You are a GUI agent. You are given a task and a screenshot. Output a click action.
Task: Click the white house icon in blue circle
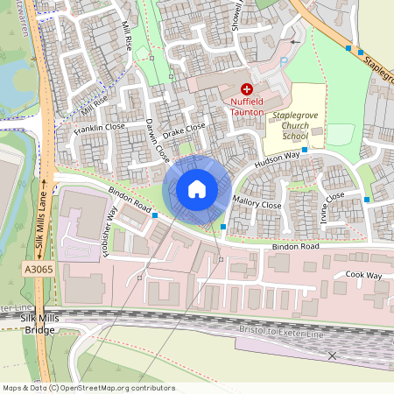pyautogui.click(x=197, y=189)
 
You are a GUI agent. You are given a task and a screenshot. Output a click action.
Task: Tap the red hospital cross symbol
pyautogui.click(x=247, y=88)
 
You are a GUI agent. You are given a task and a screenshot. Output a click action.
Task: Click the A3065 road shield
pyautogui.click(x=40, y=270)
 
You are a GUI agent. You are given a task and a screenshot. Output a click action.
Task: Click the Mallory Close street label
pyautogui.click(x=258, y=204)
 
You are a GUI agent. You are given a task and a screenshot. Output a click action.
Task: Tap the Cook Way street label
pyautogui.click(x=363, y=275)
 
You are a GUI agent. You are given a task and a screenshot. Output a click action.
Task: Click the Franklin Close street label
pyautogui.click(x=101, y=128)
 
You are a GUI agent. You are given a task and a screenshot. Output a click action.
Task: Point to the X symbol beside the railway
pyautogui.click(x=332, y=355)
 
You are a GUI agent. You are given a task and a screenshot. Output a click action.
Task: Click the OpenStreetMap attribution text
pyautogui.click(x=88, y=388)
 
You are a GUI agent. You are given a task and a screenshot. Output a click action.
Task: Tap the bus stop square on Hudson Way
pyautogui.click(x=305, y=151)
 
